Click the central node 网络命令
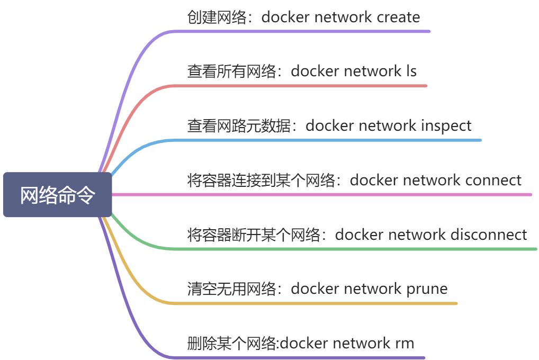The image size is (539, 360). [x=57, y=195]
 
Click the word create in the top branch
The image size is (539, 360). [x=398, y=17]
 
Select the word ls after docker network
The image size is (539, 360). [x=411, y=71]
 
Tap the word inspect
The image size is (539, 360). [x=446, y=126]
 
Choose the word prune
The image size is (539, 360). [x=427, y=289]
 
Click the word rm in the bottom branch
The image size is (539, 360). [x=404, y=344]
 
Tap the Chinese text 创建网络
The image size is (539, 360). [x=217, y=17]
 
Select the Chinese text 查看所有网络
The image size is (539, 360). [x=231, y=71]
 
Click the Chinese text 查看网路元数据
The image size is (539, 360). [x=239, y=126]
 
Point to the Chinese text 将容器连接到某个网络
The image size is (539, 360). [x=261, y=181]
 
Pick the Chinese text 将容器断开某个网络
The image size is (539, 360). [x=254, y=235]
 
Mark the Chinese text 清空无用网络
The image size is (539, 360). [x=231, y=289]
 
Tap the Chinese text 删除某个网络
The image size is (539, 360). [x=231, y=344]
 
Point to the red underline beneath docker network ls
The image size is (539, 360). [x=297, y=86]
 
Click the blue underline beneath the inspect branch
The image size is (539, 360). [x=323, y=140]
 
